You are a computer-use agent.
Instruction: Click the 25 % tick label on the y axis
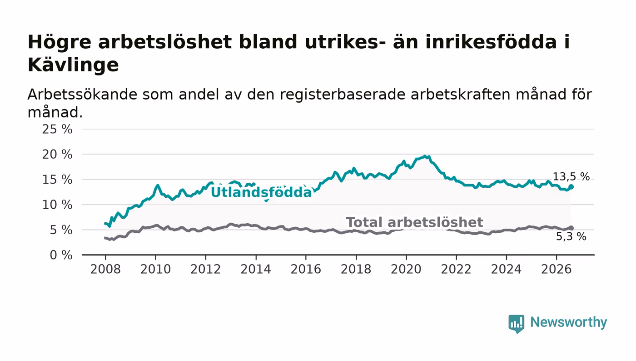point(57,129)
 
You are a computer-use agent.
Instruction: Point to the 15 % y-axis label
point(57,180)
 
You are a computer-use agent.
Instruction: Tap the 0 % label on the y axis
point(61,255)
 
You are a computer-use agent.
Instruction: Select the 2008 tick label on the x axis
point(105,269)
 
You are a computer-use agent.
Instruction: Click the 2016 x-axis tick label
point(306,269)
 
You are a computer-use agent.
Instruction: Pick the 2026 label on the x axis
point(556,269)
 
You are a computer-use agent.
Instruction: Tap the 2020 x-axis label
point(406,269)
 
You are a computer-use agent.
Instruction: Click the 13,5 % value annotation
point(571,177)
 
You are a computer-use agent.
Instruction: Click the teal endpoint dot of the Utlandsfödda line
point(571,187)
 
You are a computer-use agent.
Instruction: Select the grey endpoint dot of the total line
point(571,228)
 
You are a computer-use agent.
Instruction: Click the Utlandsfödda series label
point(261,192)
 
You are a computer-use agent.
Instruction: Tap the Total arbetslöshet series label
point(414,222)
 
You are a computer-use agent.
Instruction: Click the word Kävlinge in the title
point(73,65)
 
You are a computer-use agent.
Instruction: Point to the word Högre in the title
point(60,43)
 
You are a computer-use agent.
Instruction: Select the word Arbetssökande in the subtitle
point(82,95)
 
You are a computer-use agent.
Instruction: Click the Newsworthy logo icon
point(516,324)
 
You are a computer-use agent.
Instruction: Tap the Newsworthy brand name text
point(569,322)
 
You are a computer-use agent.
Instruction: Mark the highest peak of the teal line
point(425,156)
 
